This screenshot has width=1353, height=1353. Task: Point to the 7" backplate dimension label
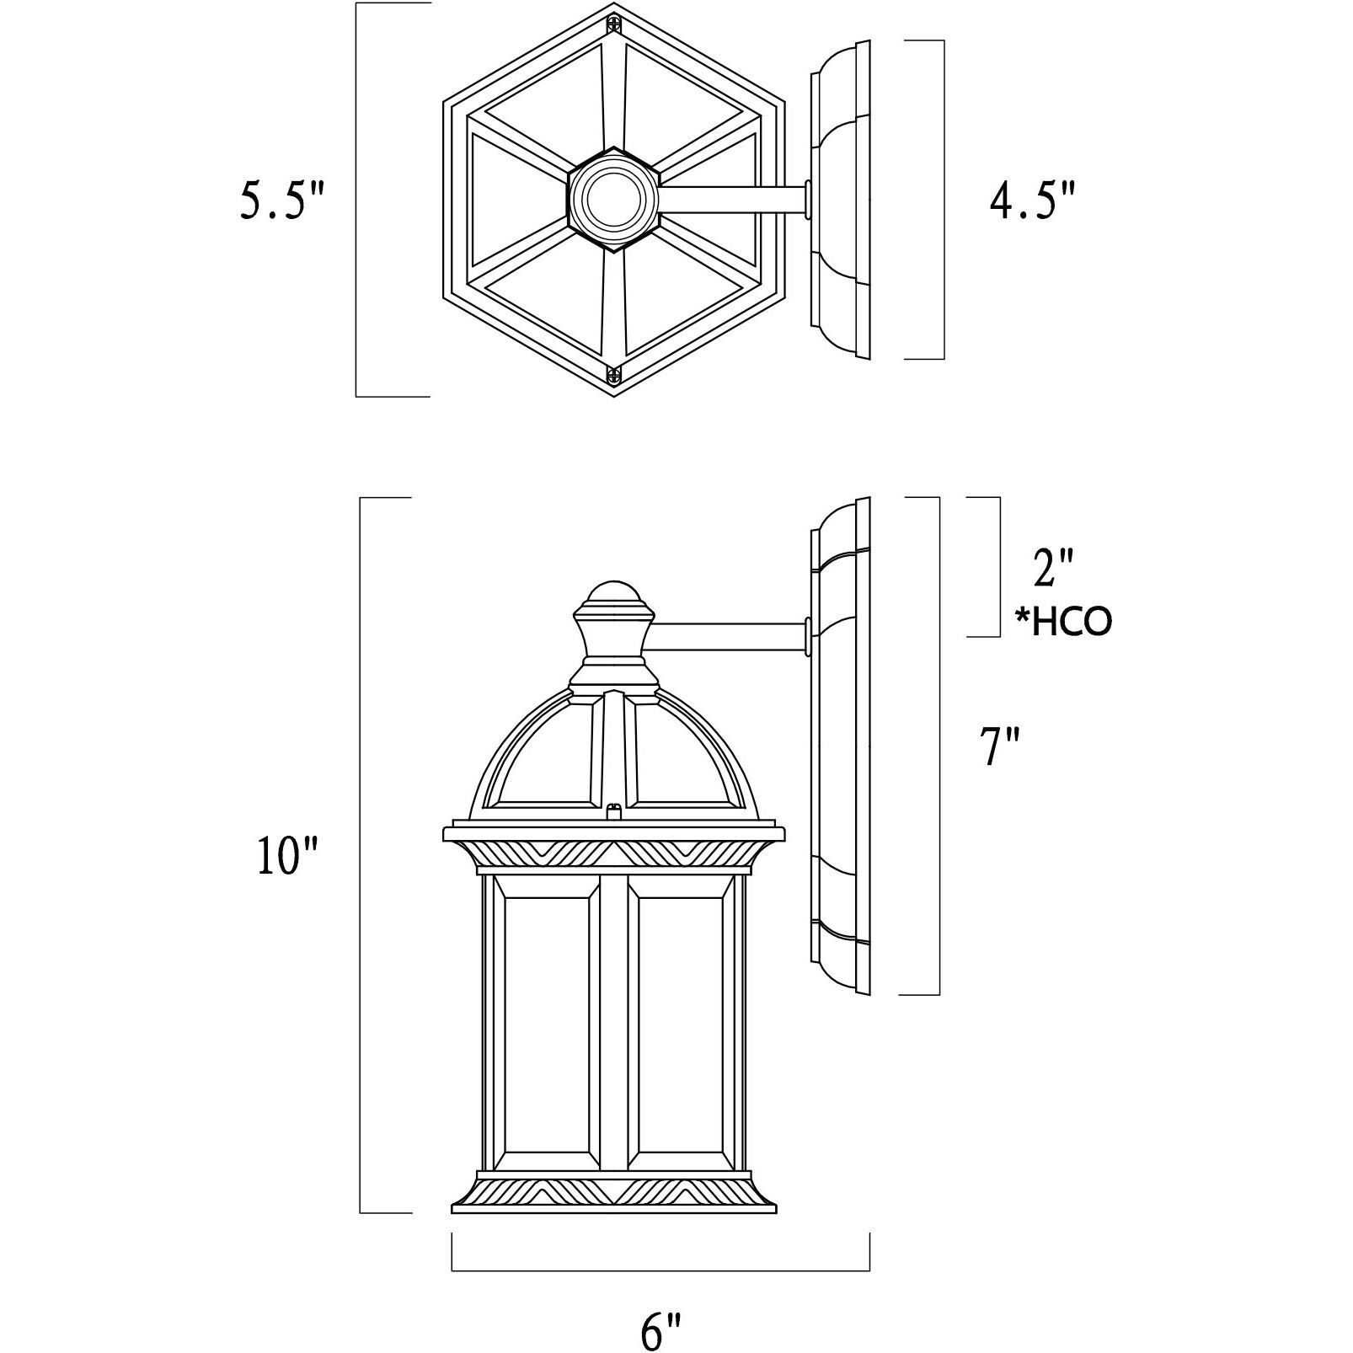coord(1001,747)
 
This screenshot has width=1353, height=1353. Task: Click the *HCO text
coord(1063,623)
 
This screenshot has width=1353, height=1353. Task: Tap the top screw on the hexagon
coord(614,25)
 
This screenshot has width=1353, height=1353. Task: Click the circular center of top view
coord(613,200)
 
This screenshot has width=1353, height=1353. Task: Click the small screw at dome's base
coord(614,810)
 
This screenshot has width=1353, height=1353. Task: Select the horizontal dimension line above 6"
coord(661,1269)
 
